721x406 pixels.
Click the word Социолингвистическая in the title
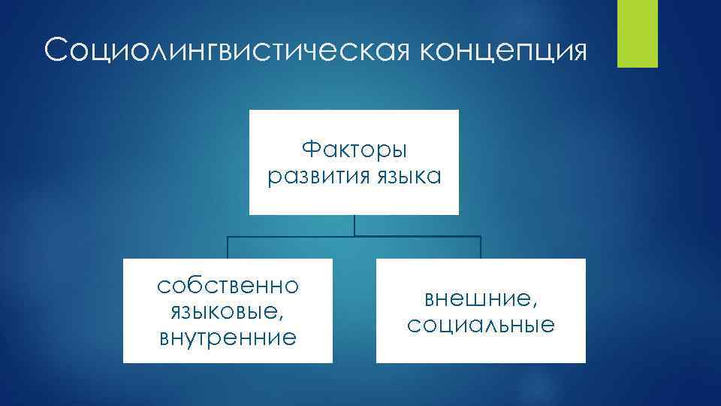pyautogui.click(x=225, y=52)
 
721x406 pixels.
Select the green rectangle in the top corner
pyautogui.click(x=636, y=33)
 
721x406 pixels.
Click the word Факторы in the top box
pyautogui.click(x=354, y=150)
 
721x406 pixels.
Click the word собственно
pyautogui.click(x=228, y=286)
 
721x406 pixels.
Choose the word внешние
pyautogui.click(x=478, y=299)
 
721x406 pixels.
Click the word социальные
pyautogui.click(x=481, y=326)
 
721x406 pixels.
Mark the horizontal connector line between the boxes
pyautogui.click(x=354, y=236)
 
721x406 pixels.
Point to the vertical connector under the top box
pyautogui.click(x=354, y=225)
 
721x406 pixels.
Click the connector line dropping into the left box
pyautogui.click(x=228, y=247)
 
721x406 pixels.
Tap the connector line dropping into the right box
pyautogui.click(x=480, y=247)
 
